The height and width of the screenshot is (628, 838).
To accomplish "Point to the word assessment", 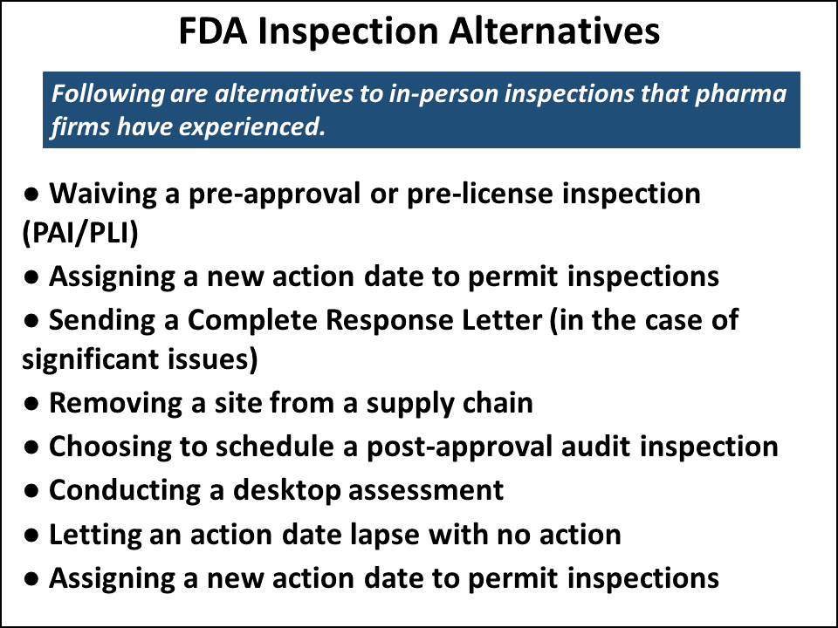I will click(x=426, y=490).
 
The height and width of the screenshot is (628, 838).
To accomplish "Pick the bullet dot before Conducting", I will click(x=31, y=491).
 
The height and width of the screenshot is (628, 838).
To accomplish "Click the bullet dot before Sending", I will click(x=31, y=321).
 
